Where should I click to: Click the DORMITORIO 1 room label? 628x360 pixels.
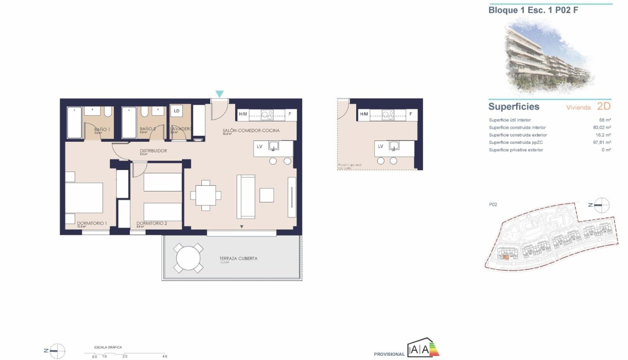pos(92,223)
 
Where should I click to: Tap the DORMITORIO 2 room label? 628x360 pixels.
pos(151,223)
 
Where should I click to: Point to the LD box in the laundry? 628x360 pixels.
pos(177,111)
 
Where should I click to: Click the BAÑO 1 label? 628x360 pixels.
pos(102,129)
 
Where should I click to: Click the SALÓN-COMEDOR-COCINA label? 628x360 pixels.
pos(251,130)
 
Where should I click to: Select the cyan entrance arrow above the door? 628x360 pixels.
pos(219,94)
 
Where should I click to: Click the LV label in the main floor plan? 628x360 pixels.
pos(259,146)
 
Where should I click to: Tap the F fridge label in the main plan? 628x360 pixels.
pos(289,114)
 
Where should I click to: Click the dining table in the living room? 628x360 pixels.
pos(206,195)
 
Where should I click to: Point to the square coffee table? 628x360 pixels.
pos(267,195)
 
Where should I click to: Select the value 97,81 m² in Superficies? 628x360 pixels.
pos(602,142)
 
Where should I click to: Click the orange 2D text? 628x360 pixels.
pos(603,106)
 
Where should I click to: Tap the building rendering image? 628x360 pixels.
pos(548,55)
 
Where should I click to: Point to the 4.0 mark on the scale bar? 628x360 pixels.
pos(164,356)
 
